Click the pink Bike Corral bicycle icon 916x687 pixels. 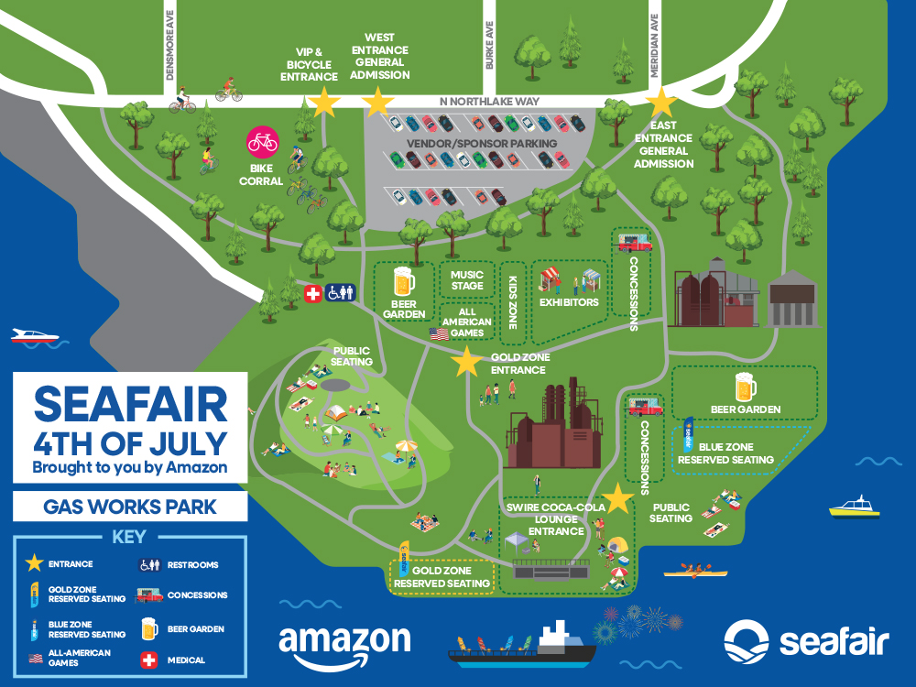point(263,142)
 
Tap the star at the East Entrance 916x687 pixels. point(660,102)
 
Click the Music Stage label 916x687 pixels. point(467,279)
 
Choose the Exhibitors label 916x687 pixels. point(569,302)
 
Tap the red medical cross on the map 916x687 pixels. point(313,293)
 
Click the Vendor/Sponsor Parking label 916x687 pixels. point(483,145)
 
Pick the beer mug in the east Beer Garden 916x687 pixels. point(745,387)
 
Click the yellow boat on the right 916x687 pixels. point(854,507)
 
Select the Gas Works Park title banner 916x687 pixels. point(129,507)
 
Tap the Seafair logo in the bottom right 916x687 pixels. point(805,640)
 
